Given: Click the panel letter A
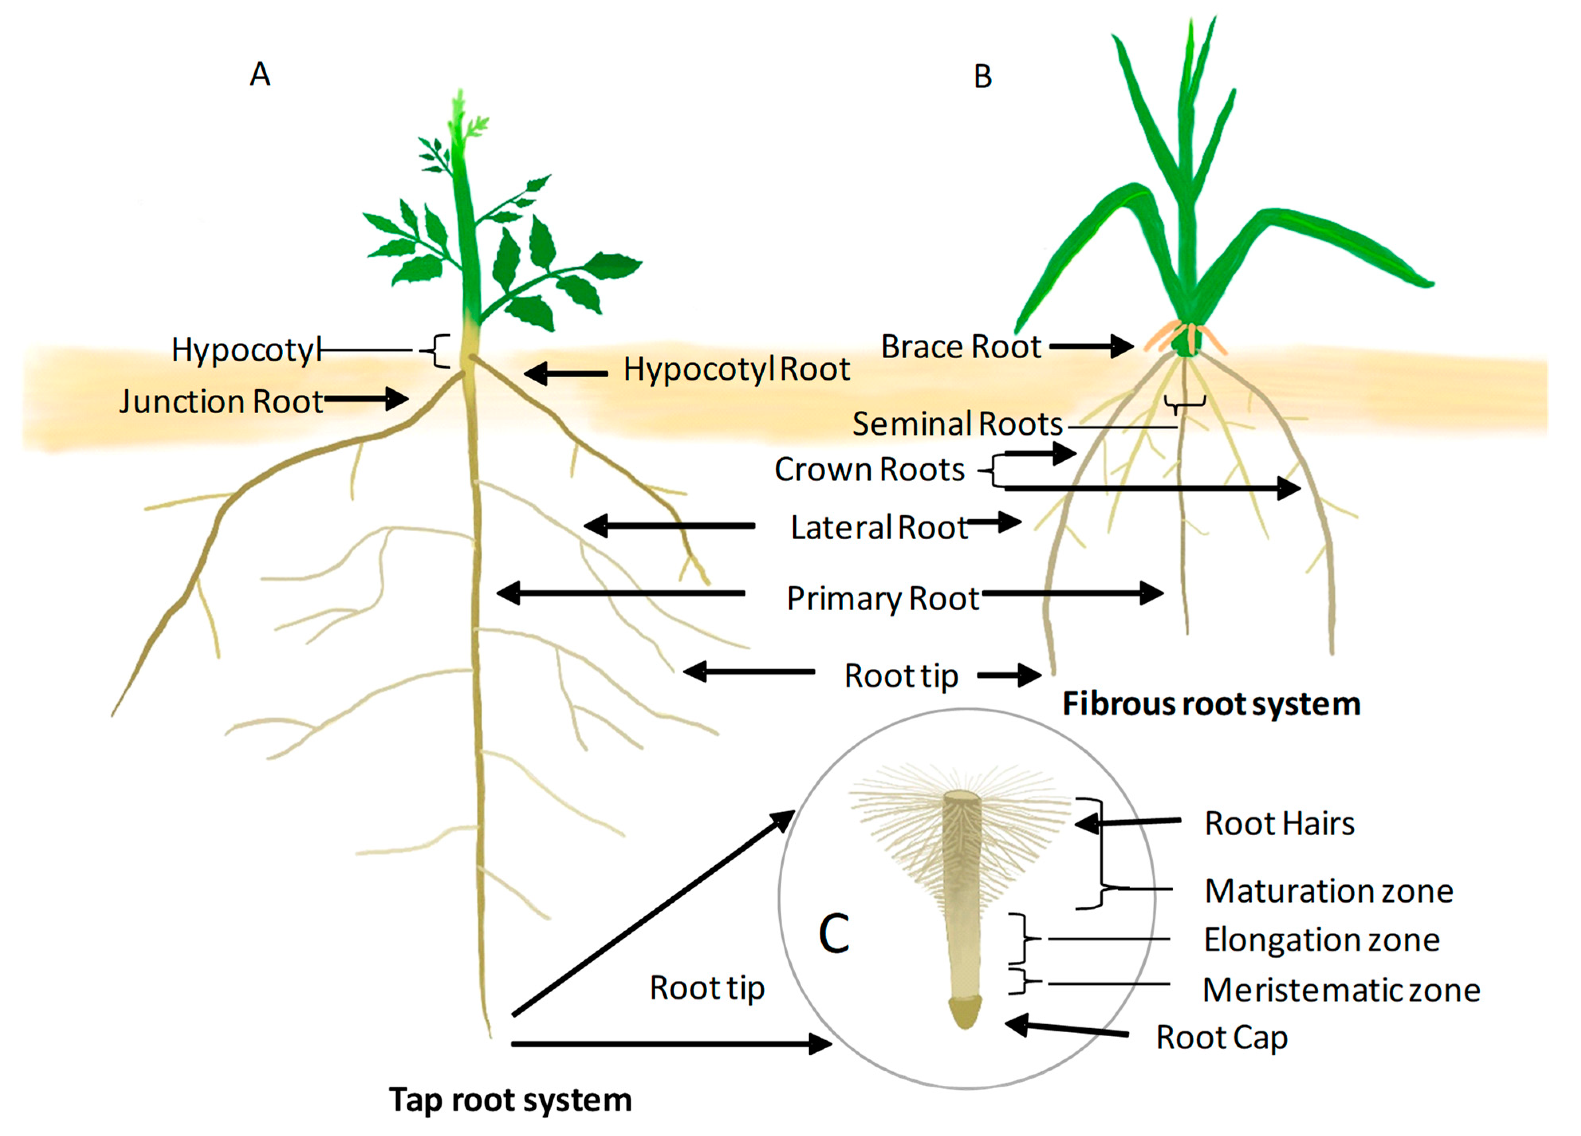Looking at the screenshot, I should coord(260,74).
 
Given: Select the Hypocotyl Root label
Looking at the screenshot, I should coord(736,369).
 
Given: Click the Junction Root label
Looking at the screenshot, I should coord(221,402).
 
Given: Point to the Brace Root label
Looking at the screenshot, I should coord(961,347).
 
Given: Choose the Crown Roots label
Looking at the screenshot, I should coord(869,470).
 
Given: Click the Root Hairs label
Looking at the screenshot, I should coord(1279,824).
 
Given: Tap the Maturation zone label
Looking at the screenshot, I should coord(1329,891).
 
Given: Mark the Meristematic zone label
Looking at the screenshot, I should coord(1341,990).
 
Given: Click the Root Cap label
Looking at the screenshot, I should coord(1221,1037).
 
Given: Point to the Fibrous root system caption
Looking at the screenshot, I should coord(1211,704).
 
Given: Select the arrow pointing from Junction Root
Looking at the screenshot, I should coord(366,399).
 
